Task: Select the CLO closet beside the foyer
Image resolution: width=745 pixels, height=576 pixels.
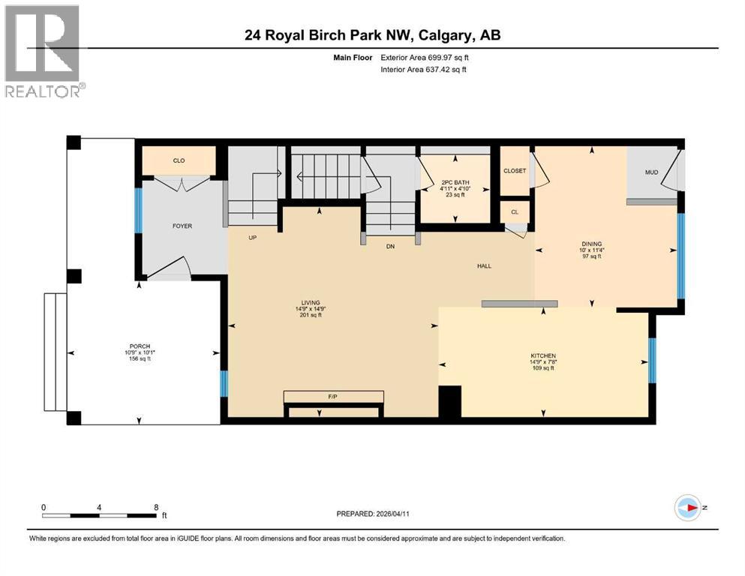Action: (179, 160)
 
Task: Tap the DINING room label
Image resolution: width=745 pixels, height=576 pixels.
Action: (591, 244)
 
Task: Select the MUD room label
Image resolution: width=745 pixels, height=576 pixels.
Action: (651, 172)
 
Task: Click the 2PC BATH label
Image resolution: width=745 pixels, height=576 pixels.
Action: (455, 181)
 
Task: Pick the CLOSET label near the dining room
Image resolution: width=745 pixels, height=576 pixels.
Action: (515, 171)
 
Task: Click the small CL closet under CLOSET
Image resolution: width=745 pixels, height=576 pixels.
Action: (514, 211)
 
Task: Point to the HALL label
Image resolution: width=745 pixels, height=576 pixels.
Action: (484, 266)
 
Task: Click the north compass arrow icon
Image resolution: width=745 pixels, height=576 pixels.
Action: (688, 508)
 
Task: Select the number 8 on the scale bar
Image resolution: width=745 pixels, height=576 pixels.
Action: (155, 507)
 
